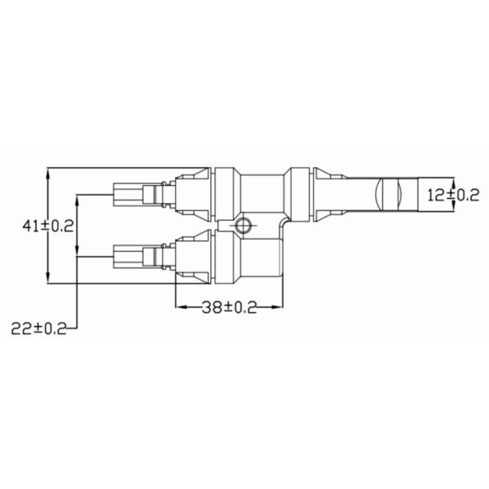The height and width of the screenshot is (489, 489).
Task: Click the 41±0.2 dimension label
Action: pos(48,226)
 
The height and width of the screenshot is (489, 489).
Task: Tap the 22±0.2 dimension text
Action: pos(39,328)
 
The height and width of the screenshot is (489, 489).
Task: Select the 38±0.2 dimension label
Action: pos(229,307)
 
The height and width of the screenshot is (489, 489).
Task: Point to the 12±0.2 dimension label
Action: pos(453,196)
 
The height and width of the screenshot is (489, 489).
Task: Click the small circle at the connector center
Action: pos(243,225)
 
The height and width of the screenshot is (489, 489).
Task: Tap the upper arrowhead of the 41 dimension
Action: pos(48,173)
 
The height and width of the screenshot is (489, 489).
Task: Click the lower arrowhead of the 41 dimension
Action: pos(48,278)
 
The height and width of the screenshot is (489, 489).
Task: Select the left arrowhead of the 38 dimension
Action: pos(181,307)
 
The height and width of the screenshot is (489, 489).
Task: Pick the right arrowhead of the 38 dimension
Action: pos(277,307)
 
